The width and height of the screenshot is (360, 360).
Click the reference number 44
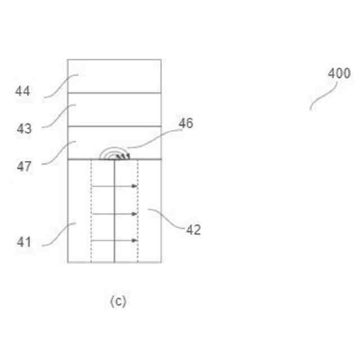(x=22, y=91)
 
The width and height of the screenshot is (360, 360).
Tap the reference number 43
(x=24, y=129)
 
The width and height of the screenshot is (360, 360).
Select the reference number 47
(x=24, y=166)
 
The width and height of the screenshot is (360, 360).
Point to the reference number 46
(x=186, y=123)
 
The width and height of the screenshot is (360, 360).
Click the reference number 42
(x=193, y=229)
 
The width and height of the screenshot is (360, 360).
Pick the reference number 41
(x=23, y=242)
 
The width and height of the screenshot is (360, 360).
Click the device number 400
(x=339, y=74)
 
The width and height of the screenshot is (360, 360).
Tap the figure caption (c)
(x=118, y=301)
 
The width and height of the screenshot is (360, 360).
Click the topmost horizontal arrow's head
(x=135, y=186)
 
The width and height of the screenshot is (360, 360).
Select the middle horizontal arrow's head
(x=135, y=214)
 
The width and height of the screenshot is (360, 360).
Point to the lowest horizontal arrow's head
(x=135, y=241)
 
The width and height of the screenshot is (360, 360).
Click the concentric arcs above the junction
(x=115, y=154)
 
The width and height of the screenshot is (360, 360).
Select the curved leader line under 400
(x=323, y=96)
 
